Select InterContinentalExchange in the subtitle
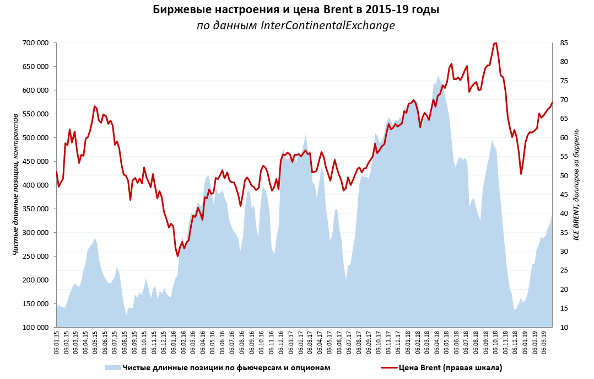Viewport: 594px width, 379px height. click(x=328, y=25)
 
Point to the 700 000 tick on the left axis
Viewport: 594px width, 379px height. click(x=35, y=43)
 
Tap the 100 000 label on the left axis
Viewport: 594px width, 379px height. click(x=35, y=328)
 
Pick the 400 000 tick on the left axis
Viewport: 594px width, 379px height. click(x=35, y=185)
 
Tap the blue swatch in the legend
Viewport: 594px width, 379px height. click(x=112, y=367)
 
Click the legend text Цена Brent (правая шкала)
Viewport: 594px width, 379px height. click(x=450, y=367)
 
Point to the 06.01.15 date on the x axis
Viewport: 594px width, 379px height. click(x=57, y=345)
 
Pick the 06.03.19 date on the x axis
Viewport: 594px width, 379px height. click(x=544, y=345)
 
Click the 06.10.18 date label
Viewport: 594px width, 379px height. click(x=495, y=345)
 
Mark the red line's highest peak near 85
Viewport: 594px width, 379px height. click(x=495, y=43)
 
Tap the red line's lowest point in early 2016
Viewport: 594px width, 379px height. click(x=178, y=256)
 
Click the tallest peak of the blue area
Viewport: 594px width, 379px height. click(x=438, y=76)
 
